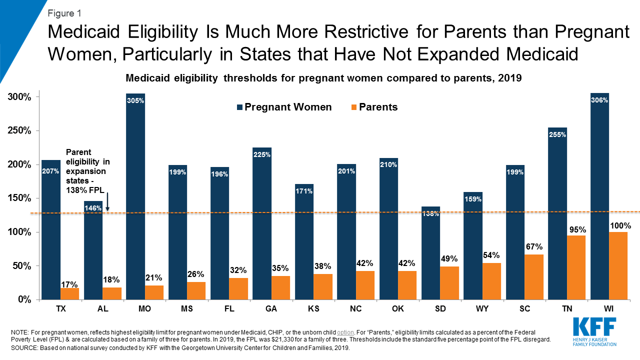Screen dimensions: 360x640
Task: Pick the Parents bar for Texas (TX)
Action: [x=70, y=293]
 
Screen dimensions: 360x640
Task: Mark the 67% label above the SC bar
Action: [x=533, y=246]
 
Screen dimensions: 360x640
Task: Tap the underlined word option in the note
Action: [x=345, y=332]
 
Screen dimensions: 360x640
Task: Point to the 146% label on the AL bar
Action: [x=93, y=208]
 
